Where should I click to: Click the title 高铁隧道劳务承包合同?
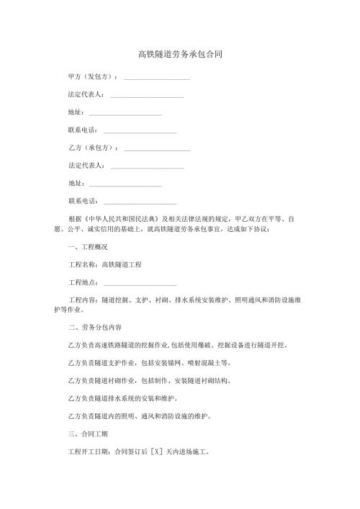[180, 55]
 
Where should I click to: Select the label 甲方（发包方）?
[92, 76]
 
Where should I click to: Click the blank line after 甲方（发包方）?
[157, 77]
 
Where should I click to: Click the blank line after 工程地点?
[140, 283]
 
